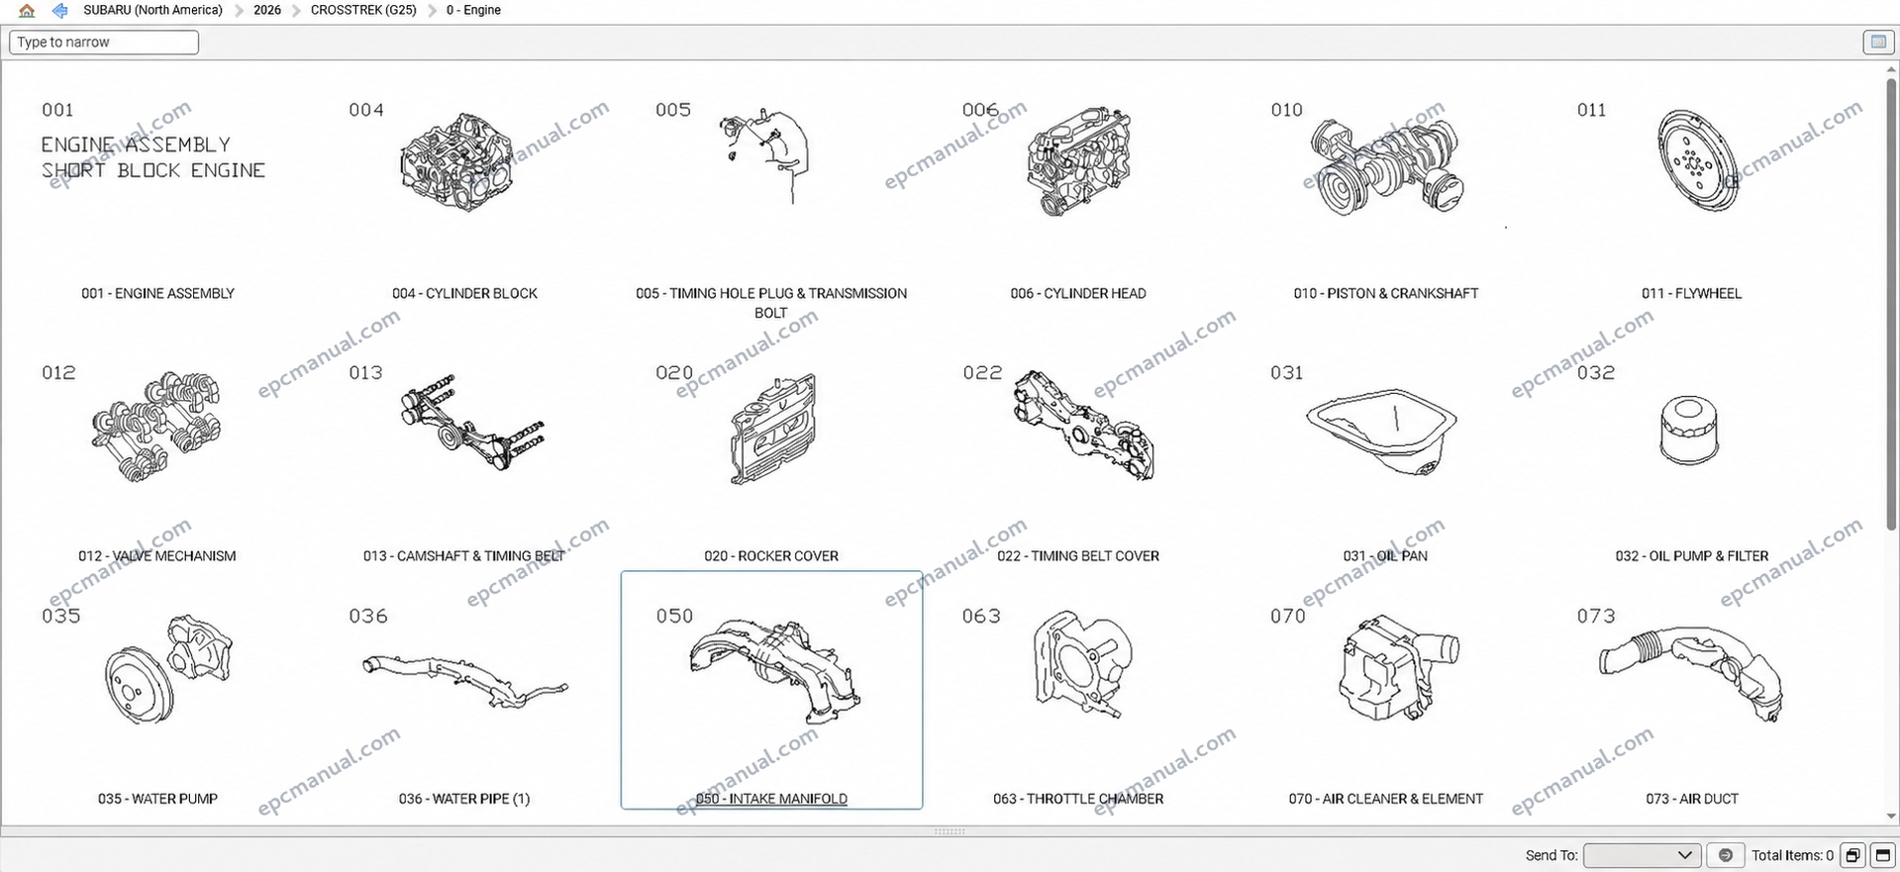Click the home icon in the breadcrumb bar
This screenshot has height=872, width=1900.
tap(27, 11)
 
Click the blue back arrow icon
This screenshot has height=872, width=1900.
tap(60, 11)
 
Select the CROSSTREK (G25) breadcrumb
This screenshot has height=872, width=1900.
tap(363, 10)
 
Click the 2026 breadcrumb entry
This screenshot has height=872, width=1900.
tap(267, 10)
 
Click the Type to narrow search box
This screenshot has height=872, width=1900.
tap(104, 43)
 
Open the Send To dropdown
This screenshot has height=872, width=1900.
tap(1642, 855)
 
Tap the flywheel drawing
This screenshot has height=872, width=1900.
tap(1699, 161)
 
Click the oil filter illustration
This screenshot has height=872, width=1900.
tap(1690, 431)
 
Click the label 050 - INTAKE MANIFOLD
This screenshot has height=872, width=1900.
tap(771, 799)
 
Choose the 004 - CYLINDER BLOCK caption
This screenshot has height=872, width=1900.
tap(464, 293)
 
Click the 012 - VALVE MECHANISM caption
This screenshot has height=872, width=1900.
tap(157, 556)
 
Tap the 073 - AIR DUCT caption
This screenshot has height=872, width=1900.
tap(1692, 799)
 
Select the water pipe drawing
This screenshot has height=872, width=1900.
tap(464, 681)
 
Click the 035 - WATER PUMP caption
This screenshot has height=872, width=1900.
tap(157, 799)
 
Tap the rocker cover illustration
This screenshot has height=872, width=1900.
tap(774, 430)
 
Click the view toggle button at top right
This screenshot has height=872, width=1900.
tap(1877, 43)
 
